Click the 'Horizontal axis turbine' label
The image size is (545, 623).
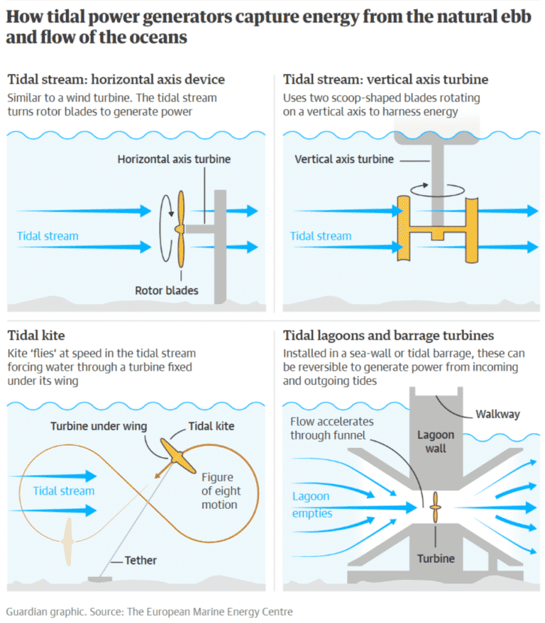(174, 159)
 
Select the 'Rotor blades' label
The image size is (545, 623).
(167, 290)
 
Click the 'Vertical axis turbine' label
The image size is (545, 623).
(344, 159)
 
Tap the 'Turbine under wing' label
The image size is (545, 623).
(99, 426)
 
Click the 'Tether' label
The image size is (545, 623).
(141, 560)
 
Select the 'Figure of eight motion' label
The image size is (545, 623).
(221, 490)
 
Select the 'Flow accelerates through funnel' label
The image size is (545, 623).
(331, 428)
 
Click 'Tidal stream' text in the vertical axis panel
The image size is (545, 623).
(321, 236)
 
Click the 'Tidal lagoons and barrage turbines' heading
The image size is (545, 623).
(389, 335)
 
